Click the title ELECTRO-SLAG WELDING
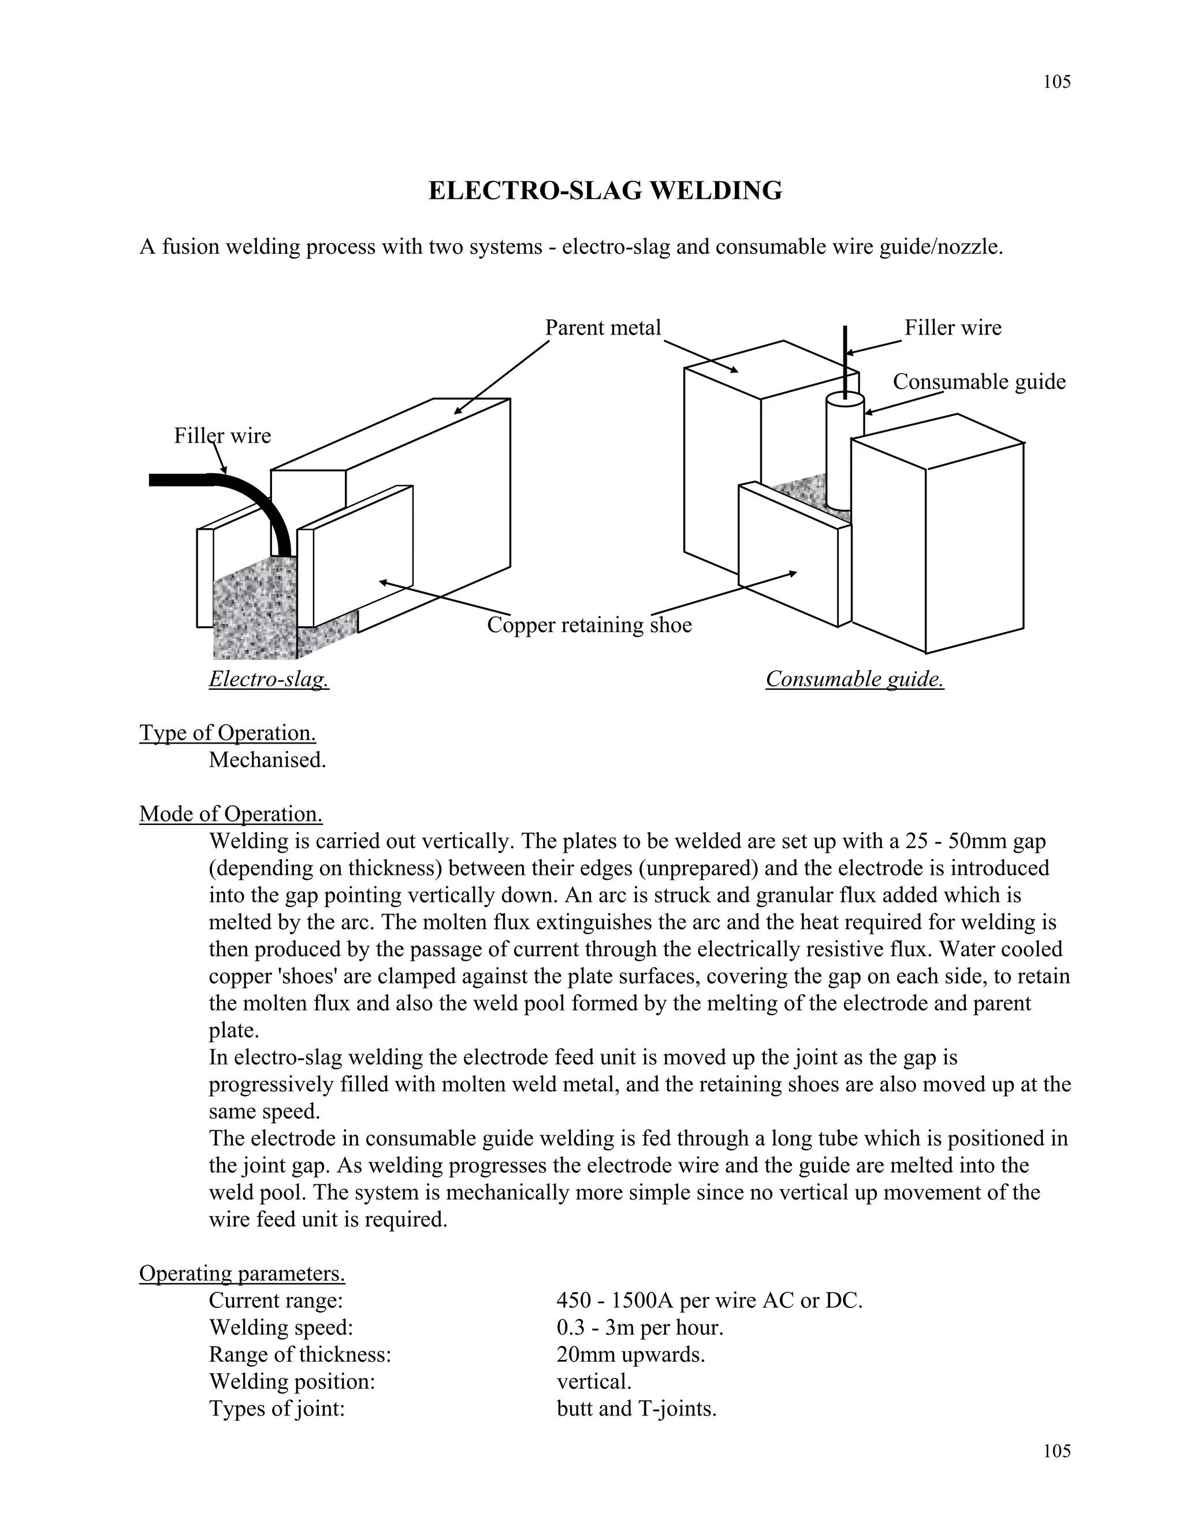(605, 191)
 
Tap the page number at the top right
(1056, 82)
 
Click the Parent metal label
(602, 328)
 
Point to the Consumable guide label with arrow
(979, 382)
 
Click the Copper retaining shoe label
(589, 625)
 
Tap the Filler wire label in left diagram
(222, 436)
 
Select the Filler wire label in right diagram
(953, 328)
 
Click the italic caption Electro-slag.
(269, 679)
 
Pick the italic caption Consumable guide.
(854, 679)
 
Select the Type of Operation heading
(227, 733)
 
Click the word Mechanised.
(267, 760)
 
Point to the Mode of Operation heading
(230, 814)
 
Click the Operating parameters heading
(242, 1273)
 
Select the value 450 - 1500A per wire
(709, 1300)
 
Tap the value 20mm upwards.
(630, 1354)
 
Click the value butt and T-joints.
(637, 1409)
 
